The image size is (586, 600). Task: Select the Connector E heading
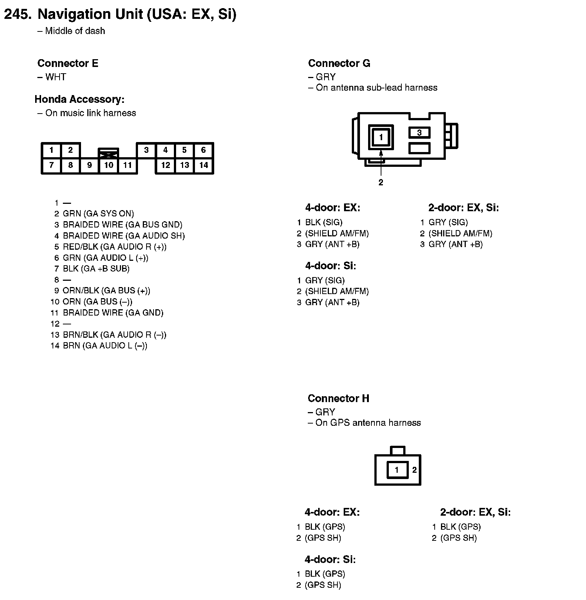(x=68, y=64)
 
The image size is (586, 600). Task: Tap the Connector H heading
(x=338, y=398)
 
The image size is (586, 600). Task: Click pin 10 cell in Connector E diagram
(x=108, y=165)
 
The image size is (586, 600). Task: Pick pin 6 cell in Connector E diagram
(x=203, y=150)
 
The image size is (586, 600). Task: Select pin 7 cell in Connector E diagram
(x=51, y=165)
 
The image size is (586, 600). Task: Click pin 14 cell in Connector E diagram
(x=203, y=165)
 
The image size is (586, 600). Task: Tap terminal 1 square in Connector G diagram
(x=381, y=137)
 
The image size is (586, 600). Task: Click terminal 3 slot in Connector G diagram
(x=419, y=132)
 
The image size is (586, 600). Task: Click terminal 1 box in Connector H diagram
(x=397, y=470)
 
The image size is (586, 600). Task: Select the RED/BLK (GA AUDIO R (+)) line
(x=114, y=247)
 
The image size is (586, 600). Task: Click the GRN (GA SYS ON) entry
(x=98, y=214)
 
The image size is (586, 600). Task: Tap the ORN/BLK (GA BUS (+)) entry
(x=106, y=291)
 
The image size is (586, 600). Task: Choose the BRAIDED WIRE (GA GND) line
(x=113, y=313)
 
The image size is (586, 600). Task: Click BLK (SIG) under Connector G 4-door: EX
(x=323, y=222)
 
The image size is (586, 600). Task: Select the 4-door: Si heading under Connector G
(x=330, y=266)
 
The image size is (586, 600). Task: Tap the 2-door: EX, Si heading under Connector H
(x=475, y=512)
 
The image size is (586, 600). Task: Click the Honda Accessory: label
(x=80, y=100)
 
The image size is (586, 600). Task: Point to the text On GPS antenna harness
(x=368, y=423)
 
